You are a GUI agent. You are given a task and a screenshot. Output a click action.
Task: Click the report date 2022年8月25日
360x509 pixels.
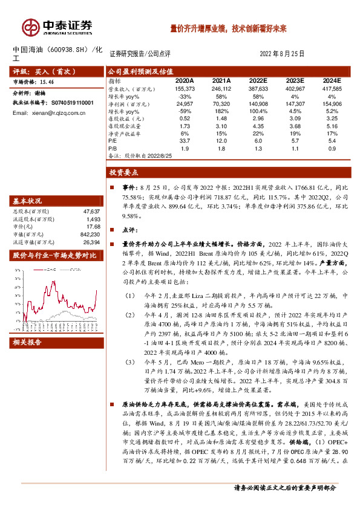pyautogui.click(x=283, y=53)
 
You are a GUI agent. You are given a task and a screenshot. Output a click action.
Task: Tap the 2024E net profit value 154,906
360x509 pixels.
pyautogui.click(x=330, y=104)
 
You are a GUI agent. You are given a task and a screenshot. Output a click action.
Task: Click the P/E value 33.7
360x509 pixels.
pyautogui.click(x=185, y=140)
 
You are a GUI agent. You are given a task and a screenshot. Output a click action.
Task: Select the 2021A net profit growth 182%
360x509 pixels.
pyautogui.click(x=221, y=111)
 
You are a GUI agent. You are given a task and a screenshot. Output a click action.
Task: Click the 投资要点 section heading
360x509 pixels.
pyautogui.click(x=124, y=172)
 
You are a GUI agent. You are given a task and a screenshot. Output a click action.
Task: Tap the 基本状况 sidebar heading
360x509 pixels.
pyautogui.click(x=28, y=201)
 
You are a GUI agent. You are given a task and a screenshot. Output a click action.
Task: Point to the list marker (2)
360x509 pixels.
pyautogui.click(x=131, y=316)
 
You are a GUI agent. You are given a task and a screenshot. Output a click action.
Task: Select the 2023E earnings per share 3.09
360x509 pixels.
pyautogui.click(x=294, y=118)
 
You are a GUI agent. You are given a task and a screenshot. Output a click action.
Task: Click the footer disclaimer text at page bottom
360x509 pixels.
pyautogui.click(x=284, y=488)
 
